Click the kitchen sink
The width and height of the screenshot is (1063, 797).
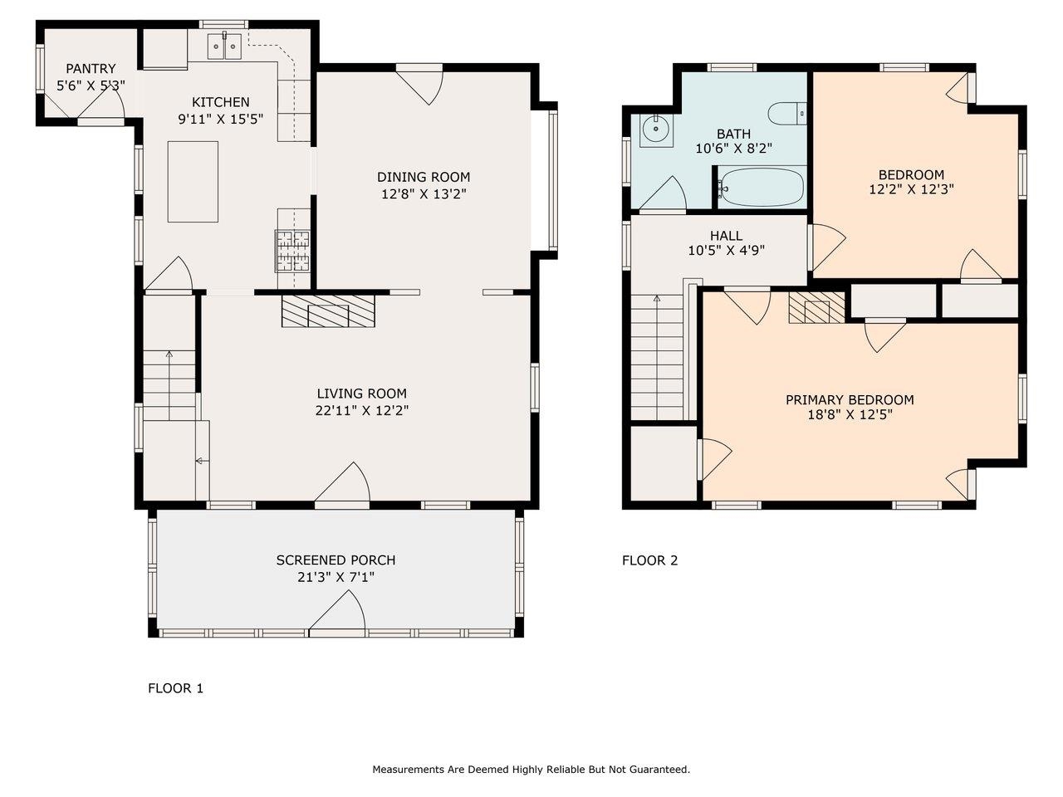[x=224, y=46]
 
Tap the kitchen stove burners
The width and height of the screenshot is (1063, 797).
[x=292, y=251]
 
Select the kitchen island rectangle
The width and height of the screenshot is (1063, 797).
[x=193, y=181]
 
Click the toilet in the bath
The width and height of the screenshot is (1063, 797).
[x=786, y=112]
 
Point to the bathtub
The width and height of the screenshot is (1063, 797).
[x=762, y=188]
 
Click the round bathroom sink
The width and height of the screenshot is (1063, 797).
[x=657, y=128]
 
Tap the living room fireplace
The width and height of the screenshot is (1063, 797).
[x=328, y=310]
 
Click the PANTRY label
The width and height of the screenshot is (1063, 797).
[x=91, y=69]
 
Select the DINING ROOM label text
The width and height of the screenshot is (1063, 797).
[x=424, y=177]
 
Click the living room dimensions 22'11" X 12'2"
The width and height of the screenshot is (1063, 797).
[x=361, y=410]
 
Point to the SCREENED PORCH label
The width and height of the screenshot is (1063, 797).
[x=336, y=560]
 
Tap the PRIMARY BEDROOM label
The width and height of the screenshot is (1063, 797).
[x=850, y=400]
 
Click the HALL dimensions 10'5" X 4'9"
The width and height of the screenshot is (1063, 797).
[x=726, y=250]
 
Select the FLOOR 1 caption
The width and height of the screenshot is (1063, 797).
[x=175, y=688]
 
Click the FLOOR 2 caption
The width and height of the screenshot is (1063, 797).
[x=649, y=560]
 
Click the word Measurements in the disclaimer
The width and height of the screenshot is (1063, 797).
[x=407, y=770]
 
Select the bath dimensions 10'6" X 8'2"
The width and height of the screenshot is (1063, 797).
[x=733, y=149]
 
